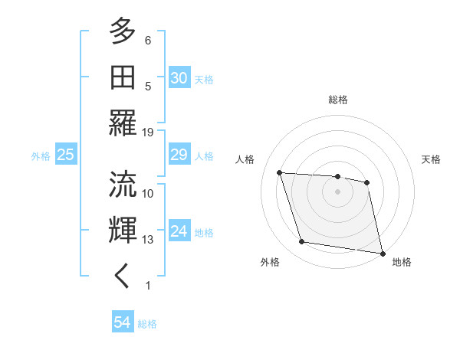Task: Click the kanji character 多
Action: pos(123,32)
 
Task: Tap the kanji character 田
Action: pos(123,78)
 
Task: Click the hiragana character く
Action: pos(123,277)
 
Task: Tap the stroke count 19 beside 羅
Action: pos(148,132)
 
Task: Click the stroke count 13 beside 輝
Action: pos(148,240)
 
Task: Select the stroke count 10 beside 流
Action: pos(148,193)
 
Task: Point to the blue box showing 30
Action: pos(179,78)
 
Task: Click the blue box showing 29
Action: pos(179,155)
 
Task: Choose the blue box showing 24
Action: pos(179,231)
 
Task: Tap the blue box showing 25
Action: pos(65,155)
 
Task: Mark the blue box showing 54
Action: pos(122,323)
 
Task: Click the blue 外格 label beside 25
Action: pos(41,156)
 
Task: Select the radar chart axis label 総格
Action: pos(337,100)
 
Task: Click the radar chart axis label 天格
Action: pos(432,159)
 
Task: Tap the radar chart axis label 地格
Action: pos(402,262)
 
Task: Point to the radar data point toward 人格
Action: pos(280,173)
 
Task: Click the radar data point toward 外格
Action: pos(302,242)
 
